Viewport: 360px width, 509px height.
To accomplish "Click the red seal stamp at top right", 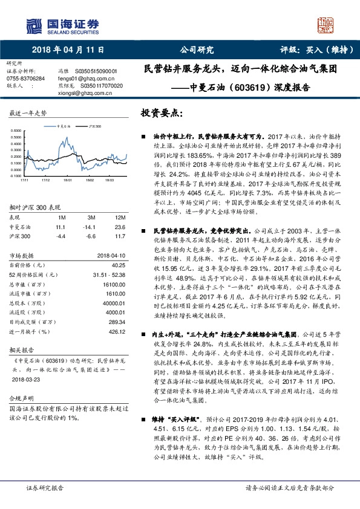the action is (326, 26).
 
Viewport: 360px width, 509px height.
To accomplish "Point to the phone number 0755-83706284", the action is (25, 79).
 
